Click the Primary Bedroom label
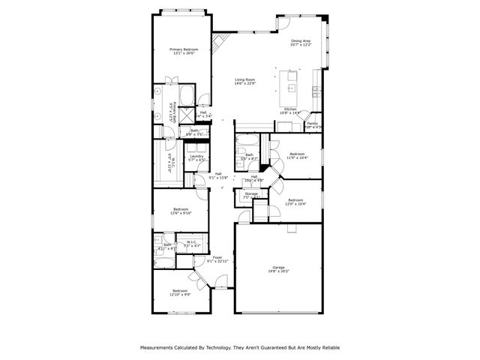[x=184, y=49]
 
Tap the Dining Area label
[x=301, y=40]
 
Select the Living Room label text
[x=244, y=79]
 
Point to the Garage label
[x=279, y=267]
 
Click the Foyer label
[x=217, y=257]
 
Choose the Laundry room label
[x=197, y=156]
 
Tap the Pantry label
[x=313, y=123]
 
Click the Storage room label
[x=251, y=194]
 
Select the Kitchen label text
[x=290, y=109]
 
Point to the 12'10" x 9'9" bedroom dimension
[x=180, y=295]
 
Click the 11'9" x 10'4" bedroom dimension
[x=297, y=158]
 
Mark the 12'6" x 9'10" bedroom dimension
[x=181, y=214]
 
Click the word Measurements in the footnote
[x=158, y=347]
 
